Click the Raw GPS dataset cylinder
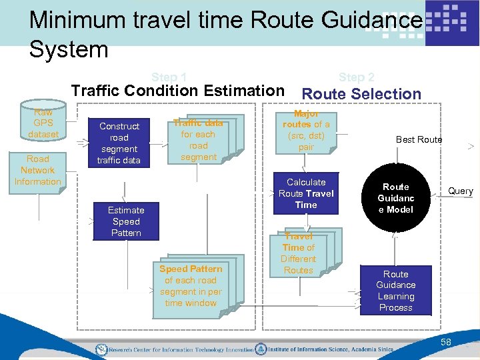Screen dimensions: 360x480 click(x=43, y=123)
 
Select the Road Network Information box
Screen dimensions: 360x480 click(x=38, y=170)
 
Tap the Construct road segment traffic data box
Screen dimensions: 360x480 click(x=119, y=143)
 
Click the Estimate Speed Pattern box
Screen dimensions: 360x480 click(x=126, y=221)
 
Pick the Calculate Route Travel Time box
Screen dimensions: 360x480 click(x=306, y=193)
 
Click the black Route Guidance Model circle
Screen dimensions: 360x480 click(x=396, y=198)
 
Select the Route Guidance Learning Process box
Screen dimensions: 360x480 click(x=395, y=291)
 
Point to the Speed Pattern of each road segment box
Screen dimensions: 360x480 click(x=191, y=286)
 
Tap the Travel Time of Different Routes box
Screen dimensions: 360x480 click(x=298, y=253)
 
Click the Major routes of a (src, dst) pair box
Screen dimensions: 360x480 click(x=306, y=130)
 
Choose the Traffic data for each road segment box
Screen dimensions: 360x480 click(x=198, y=140)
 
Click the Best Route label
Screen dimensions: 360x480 click(x=419, y=139)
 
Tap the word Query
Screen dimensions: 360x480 click(x=460, y=191)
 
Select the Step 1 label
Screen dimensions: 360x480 click(x=169, y=77)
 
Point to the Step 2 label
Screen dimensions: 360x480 click(x=357, y=77)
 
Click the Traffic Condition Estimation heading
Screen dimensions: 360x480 click(x=177, y=91)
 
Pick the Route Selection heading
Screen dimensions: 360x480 click(x=362, y=94)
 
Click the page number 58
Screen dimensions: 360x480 click(x=445, y=342)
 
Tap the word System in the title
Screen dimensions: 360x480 click(x=69, y=49)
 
